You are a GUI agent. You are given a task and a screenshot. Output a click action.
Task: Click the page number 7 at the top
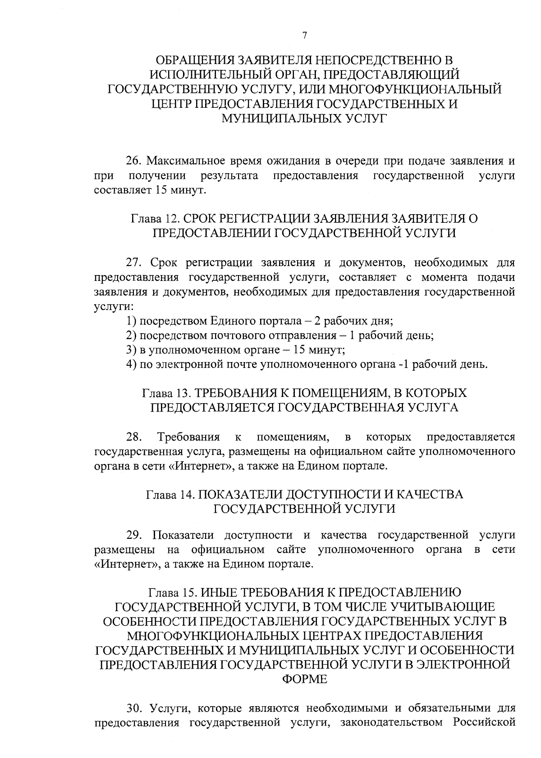[x=305, y=36]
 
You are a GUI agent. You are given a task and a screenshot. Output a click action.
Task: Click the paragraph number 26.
[x=133, y=161]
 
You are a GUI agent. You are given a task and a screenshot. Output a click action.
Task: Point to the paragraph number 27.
[x=134, y=262]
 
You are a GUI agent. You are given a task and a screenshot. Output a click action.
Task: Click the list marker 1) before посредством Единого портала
[x=131, y=321]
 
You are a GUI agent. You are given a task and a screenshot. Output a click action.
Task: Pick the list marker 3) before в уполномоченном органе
[x=131, y=350]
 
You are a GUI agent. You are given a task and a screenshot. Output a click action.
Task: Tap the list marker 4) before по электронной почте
[x=131, y=364]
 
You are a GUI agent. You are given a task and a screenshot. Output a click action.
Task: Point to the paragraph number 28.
[x=134, y=437]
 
